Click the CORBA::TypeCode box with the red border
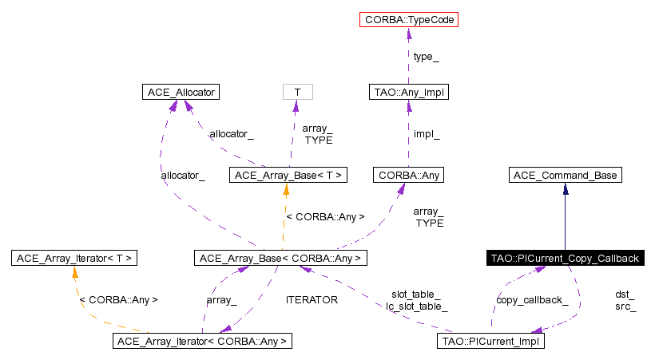pos(409,18)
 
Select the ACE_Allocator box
pos(180,93)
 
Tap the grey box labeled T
pos(297,93)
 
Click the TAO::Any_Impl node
pos(408,93)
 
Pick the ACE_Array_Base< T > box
pos(288,175)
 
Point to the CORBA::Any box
pos(408,175)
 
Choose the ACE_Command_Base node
pos(565,175)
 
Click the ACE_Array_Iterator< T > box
pos(74,258)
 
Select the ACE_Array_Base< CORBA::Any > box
pos(280,258)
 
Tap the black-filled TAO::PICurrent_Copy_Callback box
pos(565,258)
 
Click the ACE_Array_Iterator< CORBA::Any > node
pos(203,342)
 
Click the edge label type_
pos(426,57)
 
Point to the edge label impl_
pos(427,134)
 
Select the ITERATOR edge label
pos(312,300)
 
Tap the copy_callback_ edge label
pos(532,300)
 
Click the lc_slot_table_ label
pos(416,306)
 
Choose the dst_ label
pos(625,295)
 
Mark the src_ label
pos(625,306)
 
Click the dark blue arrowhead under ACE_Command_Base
pos(565,189)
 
